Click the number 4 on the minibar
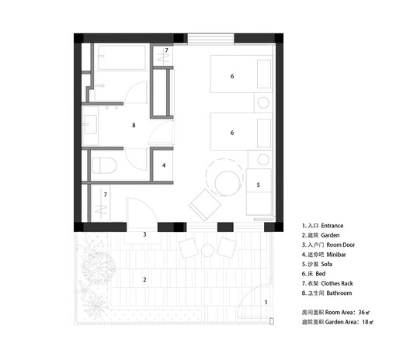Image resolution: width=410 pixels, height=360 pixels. point(165,165)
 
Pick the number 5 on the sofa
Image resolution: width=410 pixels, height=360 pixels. point(259,185)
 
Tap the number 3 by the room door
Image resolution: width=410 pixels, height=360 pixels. point(144,234)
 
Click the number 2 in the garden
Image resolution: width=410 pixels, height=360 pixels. point(144,277)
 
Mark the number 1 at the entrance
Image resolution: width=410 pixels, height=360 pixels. point(266,302)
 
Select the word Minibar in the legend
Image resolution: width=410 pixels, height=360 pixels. point(338,254)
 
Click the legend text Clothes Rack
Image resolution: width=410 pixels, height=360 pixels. point(343,283)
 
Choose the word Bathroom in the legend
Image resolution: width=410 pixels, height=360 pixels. point(338,293)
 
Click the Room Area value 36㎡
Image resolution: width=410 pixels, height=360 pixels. point(365,312)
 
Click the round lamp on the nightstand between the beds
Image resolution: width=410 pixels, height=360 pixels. point(262,102)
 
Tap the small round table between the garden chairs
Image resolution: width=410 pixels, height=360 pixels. point(207,249)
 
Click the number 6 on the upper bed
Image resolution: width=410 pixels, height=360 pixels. point(231,76)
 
